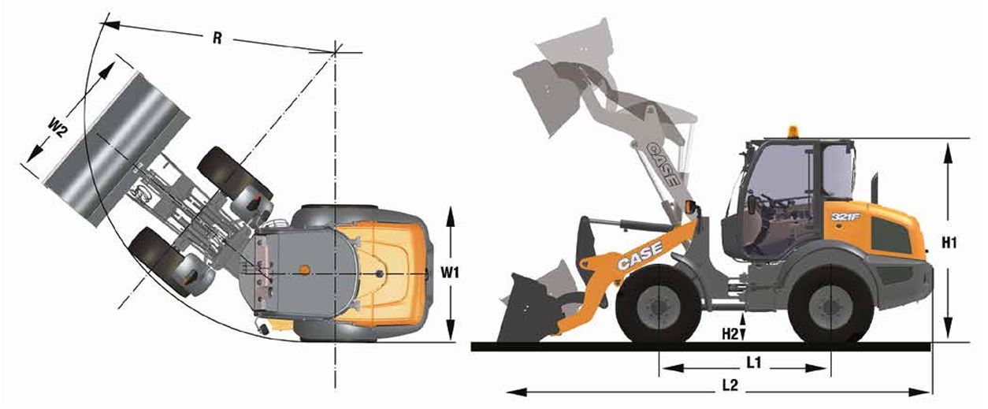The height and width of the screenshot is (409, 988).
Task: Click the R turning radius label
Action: pos(217,38)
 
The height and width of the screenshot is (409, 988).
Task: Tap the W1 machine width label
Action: pos(450,273)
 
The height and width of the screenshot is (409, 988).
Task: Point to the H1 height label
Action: pos(949,242)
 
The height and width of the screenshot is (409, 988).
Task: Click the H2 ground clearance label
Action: pos(730,334)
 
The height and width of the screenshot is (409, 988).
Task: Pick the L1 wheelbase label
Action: pos(754,363)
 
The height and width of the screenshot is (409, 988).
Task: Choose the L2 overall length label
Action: pos(730,385)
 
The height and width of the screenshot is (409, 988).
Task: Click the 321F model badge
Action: pos(845,217)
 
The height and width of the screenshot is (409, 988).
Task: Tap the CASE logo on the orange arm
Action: pos(640,255)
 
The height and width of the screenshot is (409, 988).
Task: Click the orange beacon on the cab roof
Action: pos(793,132)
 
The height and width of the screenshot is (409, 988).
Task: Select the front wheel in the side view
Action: pos(658,305)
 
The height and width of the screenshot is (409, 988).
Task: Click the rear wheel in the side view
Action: pos(830,305)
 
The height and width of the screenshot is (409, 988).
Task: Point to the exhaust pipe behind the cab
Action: pos(875,188)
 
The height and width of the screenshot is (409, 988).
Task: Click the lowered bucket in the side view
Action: pos(529,309)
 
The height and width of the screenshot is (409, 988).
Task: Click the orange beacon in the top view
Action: pos(303,270)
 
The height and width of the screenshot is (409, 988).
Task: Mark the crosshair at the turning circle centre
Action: pos(335,52)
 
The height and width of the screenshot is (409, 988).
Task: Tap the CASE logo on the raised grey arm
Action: pos(663,163)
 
